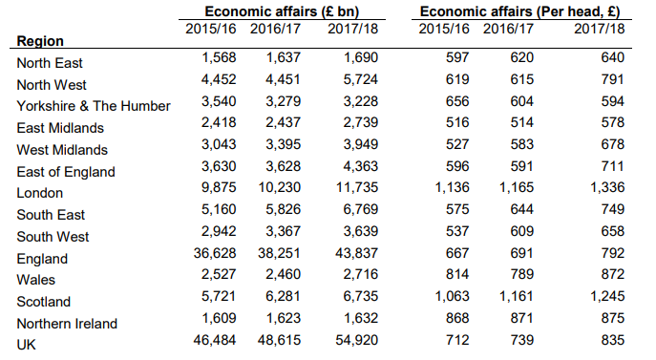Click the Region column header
pyautogui.click(x=40, y=41)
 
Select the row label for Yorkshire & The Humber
pyautogui.click(x=94, y=106)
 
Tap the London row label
pyautogui.click(x=40, y=193)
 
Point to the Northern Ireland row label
pyautogui.click(x=67, y=324)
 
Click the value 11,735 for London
pyautogui.click(x=357, y=187)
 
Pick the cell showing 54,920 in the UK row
pyautogui.click(x=357, y=340)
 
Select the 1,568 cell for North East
pyautogui.click(x=219, y=57)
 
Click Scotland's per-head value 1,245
pyautogui.click(x=607, y=296)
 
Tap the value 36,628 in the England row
pyautogui.click(x=215, y=253)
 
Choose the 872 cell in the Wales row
pyautogui.click(x=613, y=274)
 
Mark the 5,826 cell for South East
pyautogui.click(x=284, y=209)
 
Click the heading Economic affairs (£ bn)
pyautogui.click(x=282, y=11)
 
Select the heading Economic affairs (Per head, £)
pyautogui.click(x=520, y=11)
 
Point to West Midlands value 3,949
pyautogui.click(x=361, y=144)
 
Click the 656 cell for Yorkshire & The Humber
pyautogui.click(x=457, y=101)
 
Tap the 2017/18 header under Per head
pyautogui.click(x=599, y=29)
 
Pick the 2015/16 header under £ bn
pyautogui.click(x=211, y=29)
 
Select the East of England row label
pyautogui.click(x=66, y=172)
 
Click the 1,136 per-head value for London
pyautogui.click(x=453, y=187)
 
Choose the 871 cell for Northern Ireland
pyautogui.click(x=521, y=318)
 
